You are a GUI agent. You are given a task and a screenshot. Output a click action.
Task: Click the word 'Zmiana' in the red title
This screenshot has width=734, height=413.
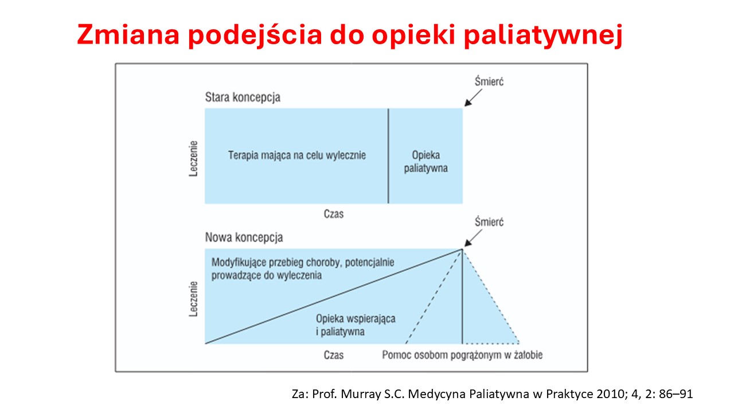[x=128, y=34]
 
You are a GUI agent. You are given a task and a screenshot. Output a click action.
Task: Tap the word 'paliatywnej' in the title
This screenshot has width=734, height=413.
[x=543, y=36]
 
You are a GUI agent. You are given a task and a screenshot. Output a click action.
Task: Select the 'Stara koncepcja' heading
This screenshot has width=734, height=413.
[x=243, y=98]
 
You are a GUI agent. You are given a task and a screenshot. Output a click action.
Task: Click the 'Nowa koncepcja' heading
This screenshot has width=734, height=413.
[x=244, y=237]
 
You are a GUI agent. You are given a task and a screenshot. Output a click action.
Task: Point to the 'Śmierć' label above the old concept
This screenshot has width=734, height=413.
[x=489, y=81]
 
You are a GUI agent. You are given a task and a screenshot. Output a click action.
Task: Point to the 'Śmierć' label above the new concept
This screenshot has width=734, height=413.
[x=489, y=222]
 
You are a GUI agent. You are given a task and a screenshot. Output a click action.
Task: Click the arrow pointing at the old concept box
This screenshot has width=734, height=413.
[x=473, y=98]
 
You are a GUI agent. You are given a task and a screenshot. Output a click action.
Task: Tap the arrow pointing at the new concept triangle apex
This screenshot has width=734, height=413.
[x=473, y=238]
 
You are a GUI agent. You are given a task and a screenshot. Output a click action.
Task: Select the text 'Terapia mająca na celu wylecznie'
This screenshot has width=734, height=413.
[x=297, y=155]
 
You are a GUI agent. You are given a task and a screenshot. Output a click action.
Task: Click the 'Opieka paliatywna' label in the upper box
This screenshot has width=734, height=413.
[x=425, y=162]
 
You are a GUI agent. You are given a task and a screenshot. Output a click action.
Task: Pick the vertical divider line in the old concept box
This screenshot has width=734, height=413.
[x=388, y=156]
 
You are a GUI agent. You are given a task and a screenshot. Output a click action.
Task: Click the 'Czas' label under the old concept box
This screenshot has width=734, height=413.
[x=334, y=214]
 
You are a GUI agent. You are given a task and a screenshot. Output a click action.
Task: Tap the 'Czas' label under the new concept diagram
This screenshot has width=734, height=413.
[x=334, y=355]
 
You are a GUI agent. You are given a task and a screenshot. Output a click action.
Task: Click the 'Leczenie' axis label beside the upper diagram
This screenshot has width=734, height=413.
[x=194, y=159]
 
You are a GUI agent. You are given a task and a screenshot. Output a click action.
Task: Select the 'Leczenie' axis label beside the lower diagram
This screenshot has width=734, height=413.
[x=194, y=299]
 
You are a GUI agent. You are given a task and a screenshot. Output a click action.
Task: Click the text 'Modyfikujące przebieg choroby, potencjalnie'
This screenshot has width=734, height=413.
[x=303, y=263]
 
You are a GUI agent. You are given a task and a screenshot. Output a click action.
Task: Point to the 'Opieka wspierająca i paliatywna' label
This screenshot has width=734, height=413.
[x=356, y=325]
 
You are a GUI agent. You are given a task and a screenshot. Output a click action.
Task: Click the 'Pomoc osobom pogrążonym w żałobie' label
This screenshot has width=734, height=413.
[x=462, y=355]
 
